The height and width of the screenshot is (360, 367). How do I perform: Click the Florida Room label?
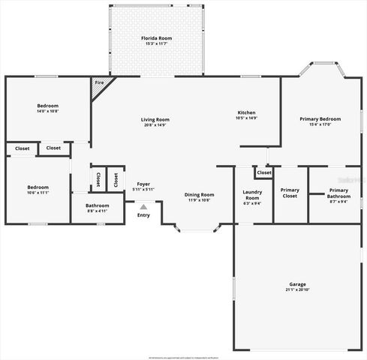click(157, 37)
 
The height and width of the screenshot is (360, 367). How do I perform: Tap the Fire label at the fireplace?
click(99, 82)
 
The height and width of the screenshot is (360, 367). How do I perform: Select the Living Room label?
click(155, 119)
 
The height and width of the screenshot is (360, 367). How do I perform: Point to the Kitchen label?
click(246, 112)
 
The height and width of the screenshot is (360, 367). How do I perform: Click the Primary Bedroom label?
click(320, 119)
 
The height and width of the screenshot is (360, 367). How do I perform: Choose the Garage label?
click(298, 284)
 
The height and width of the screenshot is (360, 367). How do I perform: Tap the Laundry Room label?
click(252, 195)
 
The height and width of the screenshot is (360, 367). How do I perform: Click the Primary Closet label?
click(290, 193)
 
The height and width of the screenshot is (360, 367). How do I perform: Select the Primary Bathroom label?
click(338, 193)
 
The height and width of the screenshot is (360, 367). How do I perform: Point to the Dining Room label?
click(200, 195)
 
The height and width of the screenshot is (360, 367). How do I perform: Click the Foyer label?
click(143, 184)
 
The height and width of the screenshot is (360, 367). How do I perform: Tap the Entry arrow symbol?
click(143, 206)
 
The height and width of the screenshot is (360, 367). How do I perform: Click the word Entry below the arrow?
click(143, 215)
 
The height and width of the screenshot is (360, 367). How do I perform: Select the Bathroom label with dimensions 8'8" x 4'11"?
click(97, 205)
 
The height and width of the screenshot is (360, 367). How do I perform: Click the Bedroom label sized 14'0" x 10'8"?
click(47, 106)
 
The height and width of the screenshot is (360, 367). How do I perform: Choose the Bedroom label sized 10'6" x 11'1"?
click(38, 187)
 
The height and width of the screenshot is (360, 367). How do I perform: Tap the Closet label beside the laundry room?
click(264, 173)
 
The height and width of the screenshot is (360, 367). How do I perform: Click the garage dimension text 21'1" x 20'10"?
click(298, 289)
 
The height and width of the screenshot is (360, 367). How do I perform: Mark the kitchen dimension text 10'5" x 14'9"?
click(246, 118)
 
